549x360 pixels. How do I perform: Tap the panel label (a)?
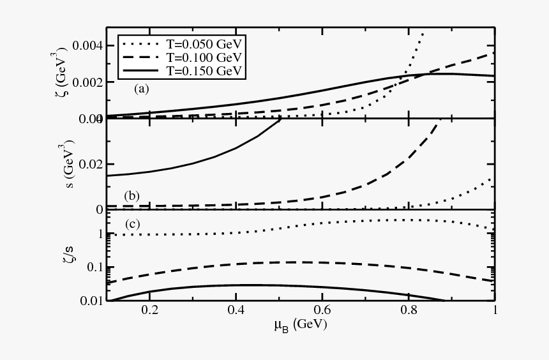(141, 89)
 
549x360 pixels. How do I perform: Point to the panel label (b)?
(133, 196)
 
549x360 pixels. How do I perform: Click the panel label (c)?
(133, 223)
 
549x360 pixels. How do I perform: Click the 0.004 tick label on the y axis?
(85, 46)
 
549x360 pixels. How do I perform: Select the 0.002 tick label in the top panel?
(85, 82)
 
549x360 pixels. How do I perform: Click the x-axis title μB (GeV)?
(301, 326)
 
